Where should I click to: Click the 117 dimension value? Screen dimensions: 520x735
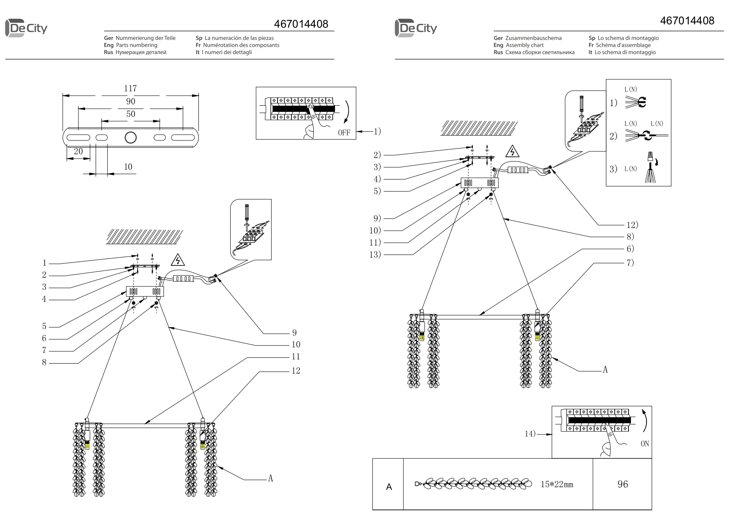pos(130,88)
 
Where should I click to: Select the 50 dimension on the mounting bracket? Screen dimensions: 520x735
pos(130,114)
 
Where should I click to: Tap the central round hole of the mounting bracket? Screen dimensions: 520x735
pos(130,138)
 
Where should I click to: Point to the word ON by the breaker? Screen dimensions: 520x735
pos(644,444)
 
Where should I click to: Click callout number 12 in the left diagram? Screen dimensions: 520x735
pos(296,371)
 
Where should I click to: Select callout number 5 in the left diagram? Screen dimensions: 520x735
pos(44,327)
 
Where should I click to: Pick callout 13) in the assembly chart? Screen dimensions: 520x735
pos(375,255)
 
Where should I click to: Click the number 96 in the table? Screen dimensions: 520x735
pos(623,484)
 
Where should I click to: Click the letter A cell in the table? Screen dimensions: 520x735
pos(389,487)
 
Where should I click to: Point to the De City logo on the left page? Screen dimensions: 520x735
pos(26,29)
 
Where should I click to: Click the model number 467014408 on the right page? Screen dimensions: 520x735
pos(687,21)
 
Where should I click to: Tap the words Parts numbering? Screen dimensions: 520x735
pos(136,45)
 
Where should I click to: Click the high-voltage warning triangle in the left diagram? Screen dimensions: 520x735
pos(178,261)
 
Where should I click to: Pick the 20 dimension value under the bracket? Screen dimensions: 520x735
pos(78,151)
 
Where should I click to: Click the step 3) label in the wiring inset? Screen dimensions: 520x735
pos(613,169)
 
